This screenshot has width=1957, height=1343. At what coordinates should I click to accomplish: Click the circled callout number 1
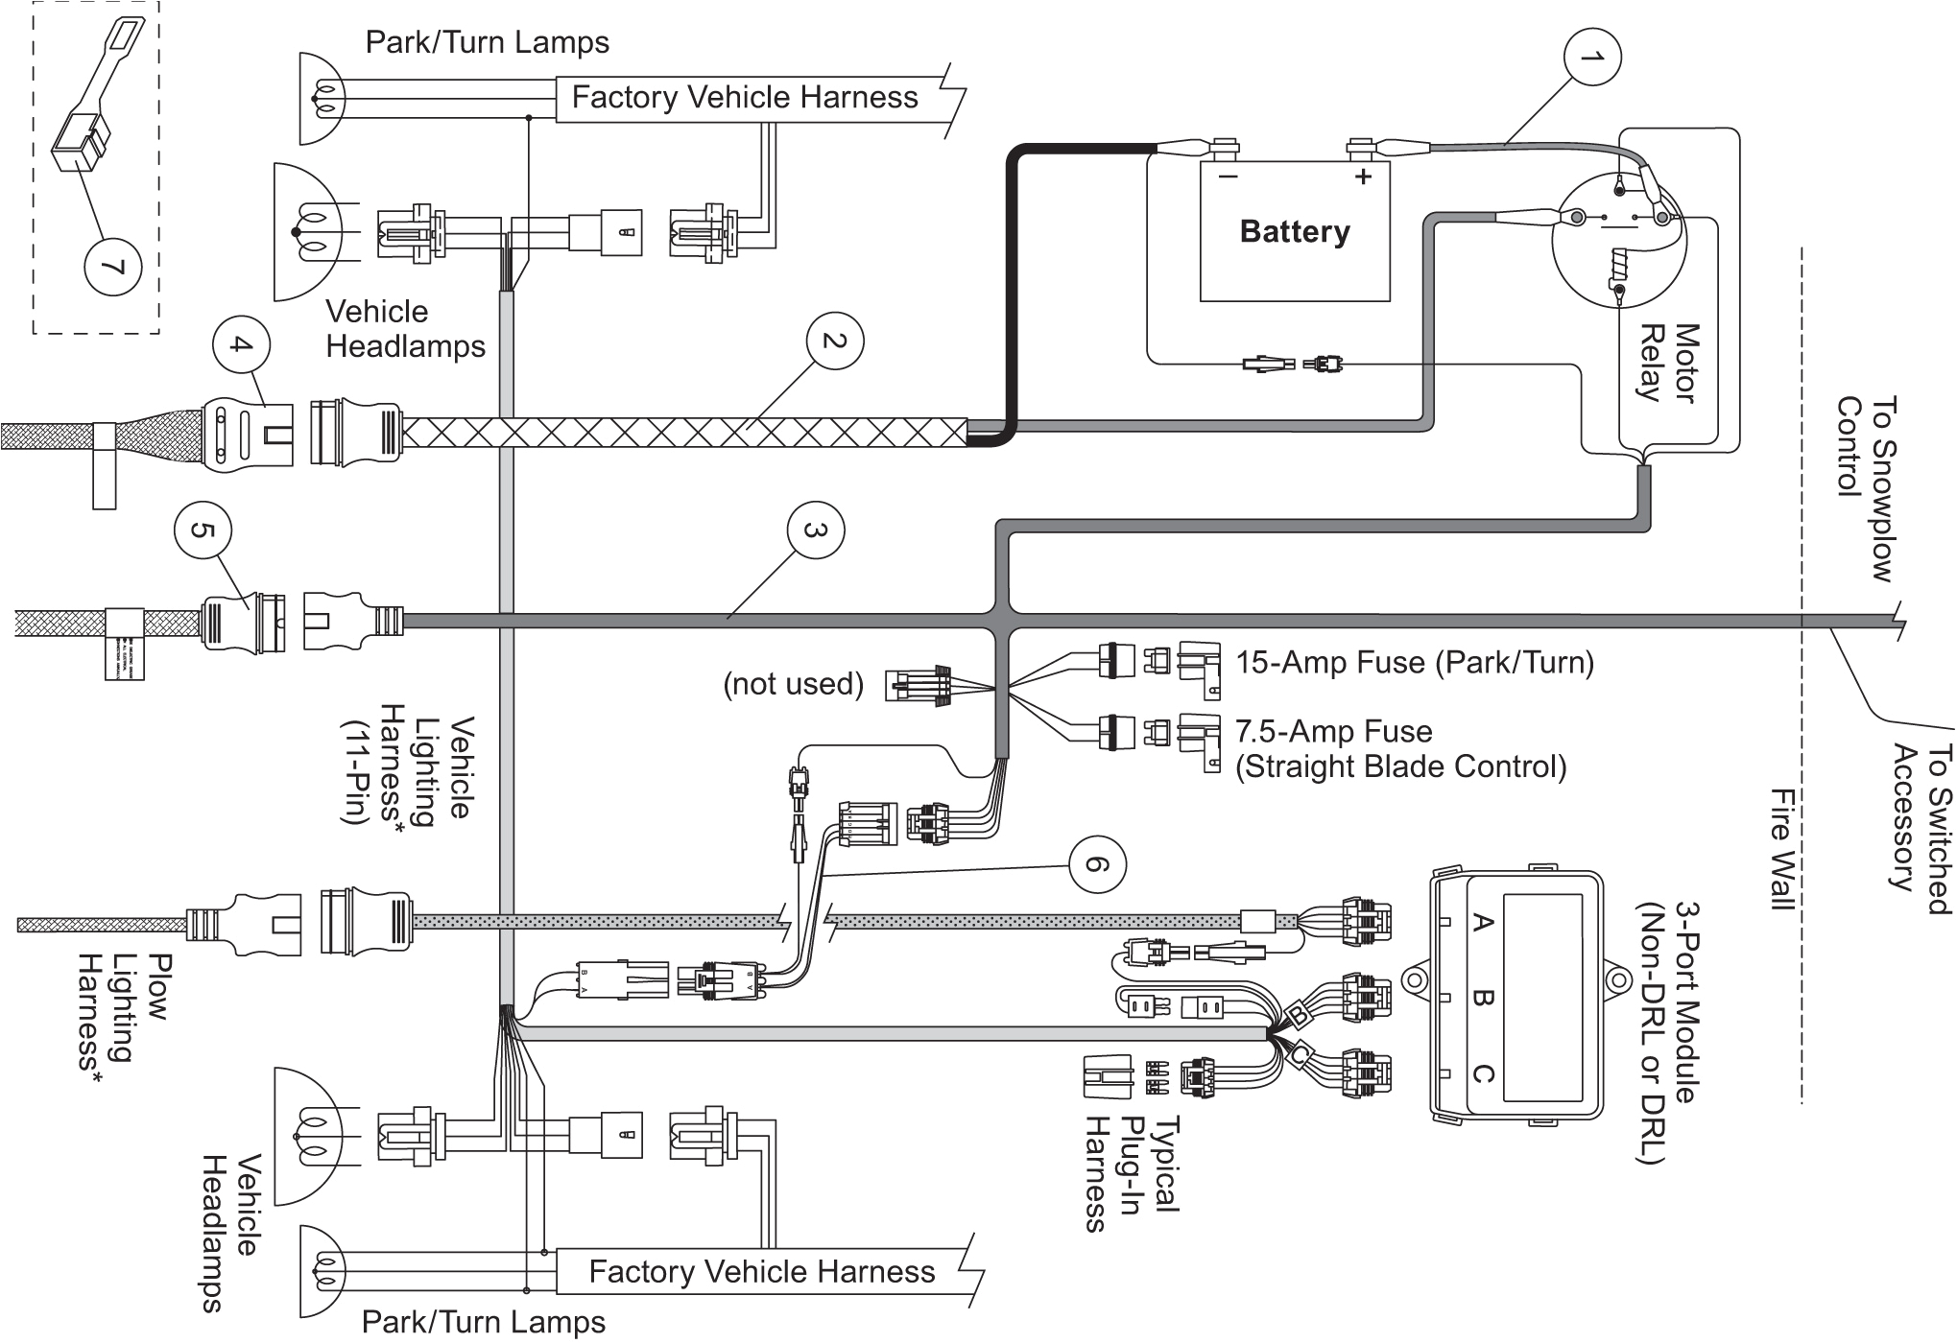tap(1592, 59)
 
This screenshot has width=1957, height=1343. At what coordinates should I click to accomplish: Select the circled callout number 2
tap(834, 342)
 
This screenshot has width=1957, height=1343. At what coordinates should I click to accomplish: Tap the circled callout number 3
tap(815, 530)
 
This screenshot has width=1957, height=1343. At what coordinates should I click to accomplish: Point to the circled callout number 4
tap(241, 345)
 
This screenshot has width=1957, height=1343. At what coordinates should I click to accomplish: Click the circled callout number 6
tap(1097, 865)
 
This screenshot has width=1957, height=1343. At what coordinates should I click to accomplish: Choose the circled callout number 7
tap(113, 266)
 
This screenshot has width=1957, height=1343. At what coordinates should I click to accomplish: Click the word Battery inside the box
tap(1294, 231)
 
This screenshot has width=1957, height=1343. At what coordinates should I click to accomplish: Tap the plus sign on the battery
tap(1362, 177)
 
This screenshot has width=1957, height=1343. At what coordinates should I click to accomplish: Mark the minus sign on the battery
tap(1228, 177)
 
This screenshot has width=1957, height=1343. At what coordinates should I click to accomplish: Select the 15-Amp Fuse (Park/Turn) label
tap(1414, 663)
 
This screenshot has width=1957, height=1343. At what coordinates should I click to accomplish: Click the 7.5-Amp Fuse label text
tap(1334, 732)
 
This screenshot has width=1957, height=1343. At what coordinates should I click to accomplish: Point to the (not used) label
tap(793, 684)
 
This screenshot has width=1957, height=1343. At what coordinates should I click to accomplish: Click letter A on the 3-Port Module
tap(1481, 924)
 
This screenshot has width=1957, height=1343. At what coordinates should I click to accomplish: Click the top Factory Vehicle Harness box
tap(745, 98)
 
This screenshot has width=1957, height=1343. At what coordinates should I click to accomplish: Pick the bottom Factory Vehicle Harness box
tap(761, 1272)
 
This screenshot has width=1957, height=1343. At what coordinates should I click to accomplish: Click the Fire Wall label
tap(1782, 862)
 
